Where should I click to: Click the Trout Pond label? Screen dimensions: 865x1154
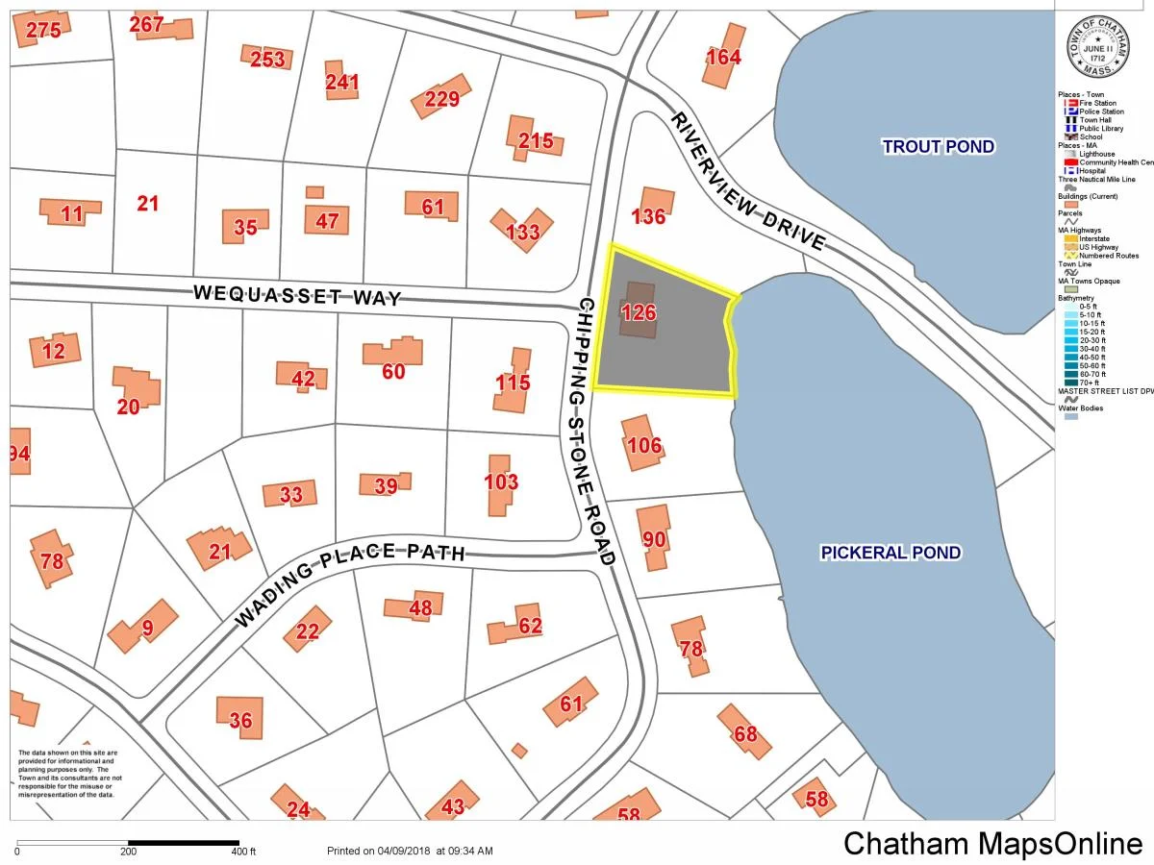[938, 146]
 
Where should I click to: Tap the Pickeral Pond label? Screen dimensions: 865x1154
[891, 553]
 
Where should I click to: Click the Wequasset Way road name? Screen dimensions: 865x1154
[297, 294]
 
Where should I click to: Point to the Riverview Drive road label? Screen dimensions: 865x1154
[748, 182]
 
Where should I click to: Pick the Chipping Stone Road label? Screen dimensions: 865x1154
[594, 431]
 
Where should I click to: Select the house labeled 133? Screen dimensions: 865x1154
[522, 231]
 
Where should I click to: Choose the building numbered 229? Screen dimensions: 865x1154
[442, 98]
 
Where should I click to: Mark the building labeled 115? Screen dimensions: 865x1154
[513, 383]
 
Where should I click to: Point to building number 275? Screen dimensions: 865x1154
[43, 31]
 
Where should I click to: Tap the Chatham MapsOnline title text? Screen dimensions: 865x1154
[992, 843]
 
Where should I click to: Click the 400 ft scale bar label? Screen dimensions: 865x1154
[243, 852]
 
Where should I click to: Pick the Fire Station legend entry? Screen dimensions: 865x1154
[1096, 103]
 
